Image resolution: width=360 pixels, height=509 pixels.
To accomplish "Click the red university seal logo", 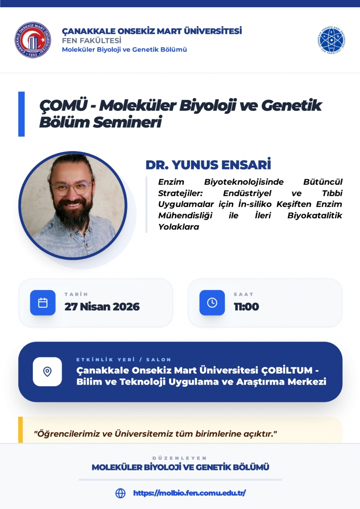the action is click(33, 40).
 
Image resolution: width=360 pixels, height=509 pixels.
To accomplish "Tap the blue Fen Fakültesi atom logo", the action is click(331, 40).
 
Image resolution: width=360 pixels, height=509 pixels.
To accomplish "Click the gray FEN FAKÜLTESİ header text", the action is click(92, 40).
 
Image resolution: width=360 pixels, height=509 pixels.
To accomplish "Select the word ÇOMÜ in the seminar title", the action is click(64, 105).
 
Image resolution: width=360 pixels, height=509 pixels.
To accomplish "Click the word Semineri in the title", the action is click(127, 122).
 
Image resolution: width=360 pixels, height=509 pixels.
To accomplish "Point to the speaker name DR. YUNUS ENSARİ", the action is click(208, 164).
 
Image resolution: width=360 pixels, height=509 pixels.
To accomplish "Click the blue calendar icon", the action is click(43, 303).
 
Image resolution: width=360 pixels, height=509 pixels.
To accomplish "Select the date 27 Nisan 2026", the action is click(102, 307).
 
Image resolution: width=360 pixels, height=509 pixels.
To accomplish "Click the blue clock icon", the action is click(212, 303).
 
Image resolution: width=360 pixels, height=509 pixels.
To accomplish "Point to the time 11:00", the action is click(246, 307).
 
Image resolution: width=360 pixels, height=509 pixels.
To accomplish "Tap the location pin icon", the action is click(47, 372).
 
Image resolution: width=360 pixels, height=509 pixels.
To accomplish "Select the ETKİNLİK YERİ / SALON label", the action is click(124, 360).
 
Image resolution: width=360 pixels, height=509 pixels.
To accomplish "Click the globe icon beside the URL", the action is click(120, 493).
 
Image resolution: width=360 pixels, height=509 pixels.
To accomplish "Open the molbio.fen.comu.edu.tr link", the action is click(190, 493).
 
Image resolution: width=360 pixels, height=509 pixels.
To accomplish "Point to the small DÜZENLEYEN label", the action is click(180, 458).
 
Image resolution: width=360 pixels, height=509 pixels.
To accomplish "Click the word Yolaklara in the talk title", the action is click(179, 227).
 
